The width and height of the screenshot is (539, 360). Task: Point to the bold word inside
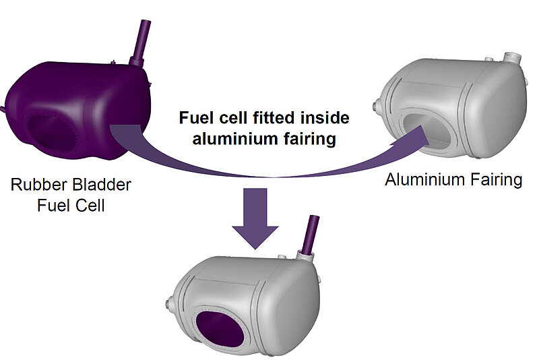pos(325,118)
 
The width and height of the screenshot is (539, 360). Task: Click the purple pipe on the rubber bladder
pos(141,43)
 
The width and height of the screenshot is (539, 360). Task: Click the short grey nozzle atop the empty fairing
pos(512,59)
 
